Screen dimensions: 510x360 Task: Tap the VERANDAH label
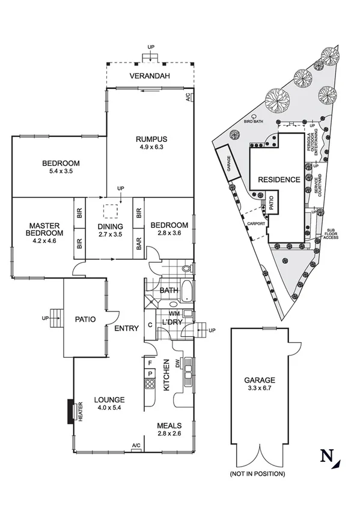(150, 76)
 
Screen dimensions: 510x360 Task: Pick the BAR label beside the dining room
(139, 246)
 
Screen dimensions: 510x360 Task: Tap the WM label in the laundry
(174, 314)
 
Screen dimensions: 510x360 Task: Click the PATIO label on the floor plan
(85, 319)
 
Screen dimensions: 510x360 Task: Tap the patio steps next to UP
(56, 313)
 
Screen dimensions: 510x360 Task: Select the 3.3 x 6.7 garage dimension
(259, 389)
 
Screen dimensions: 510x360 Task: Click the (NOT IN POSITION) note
(257, 474)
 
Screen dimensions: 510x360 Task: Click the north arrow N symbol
(328, 456)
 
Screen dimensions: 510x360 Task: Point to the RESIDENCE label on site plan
(278, 179)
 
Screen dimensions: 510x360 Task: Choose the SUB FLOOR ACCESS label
(332, 234)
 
